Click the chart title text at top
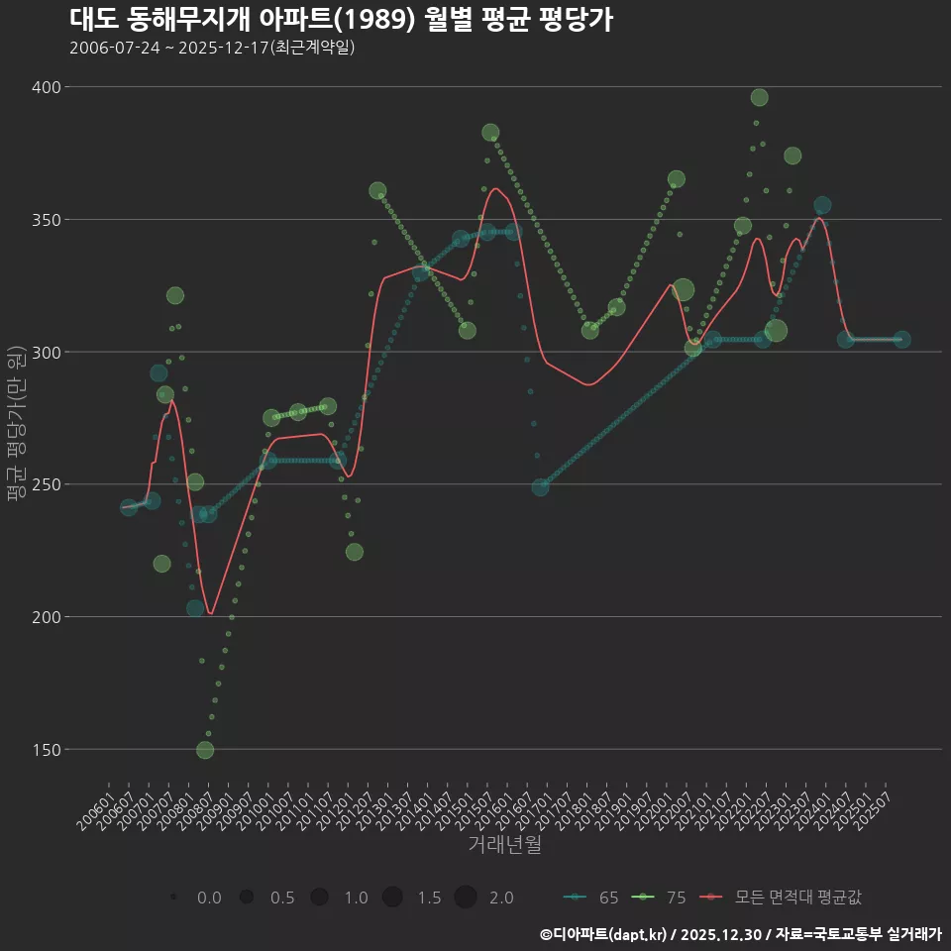pyautogui.click(x=342, y=20)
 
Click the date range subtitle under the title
pyautogui.click(x=212, y=48)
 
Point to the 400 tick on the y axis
pyautogui.click(x=46, y=87)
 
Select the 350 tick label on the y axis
pyautogui.click(x=46, y=220)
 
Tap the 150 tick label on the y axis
pyautogui.click(x=46, y=750)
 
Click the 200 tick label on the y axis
pyautogui.click(x=46, y=617)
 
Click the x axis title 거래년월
pyautogui.click(x=504, y=845)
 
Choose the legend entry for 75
pyautogui.click(x=662, y=898)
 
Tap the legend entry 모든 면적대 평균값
pyautogui.click(x=783, y=898)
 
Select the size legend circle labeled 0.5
pyautogui.click(x=247, y=898)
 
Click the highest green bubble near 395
pyautogui.click(x=759, y=97)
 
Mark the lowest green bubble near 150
pyautogui.click(x=205, y=750)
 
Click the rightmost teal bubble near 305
pyautogui.click(x=901, y=340)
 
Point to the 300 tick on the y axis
pyautogui.click(x=46, y=353)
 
